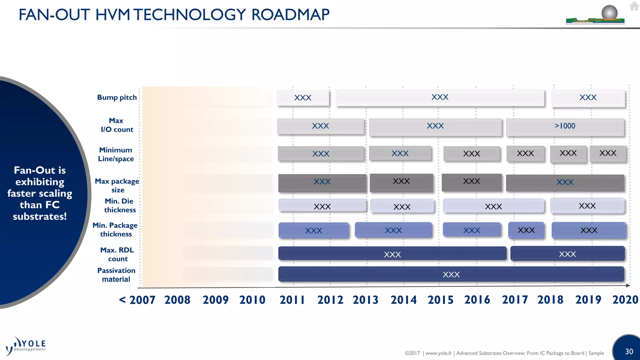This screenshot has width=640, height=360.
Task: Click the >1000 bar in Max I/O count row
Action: click(x=565, y=126)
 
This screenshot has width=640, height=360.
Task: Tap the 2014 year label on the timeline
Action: click(x=403, y=300)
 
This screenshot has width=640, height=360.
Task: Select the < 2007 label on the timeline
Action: click(x=137, y=300)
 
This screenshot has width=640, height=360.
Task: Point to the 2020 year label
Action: click(x=625, y=300)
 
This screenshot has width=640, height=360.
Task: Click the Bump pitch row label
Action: click(x=117, y=97)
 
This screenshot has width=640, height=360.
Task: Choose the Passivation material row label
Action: click(x=116, y=275)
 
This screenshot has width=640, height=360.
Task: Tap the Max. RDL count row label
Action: click(x=117, y=254)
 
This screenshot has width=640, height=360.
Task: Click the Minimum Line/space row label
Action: click(x=116, y=154)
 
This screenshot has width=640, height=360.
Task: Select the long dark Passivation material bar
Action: click(x=451, y=274)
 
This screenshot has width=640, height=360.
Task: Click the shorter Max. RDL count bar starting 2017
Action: click(x=567, y=254)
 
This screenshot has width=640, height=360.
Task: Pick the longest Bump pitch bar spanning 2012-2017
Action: click(x=440, y=98)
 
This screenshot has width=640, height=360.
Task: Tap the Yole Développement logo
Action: click(x=26, y=346)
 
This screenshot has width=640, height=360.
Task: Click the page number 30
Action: click(x=629, y=352)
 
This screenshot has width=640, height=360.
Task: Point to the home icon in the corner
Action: click(x=634, y=6)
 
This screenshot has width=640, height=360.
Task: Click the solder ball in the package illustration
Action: click(x=609, y=12)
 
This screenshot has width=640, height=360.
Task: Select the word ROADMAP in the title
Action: click(x=290, y=15)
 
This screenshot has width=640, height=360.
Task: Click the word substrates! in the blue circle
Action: click(x=40, y=216)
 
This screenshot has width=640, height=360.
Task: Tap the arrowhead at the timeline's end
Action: click(x=628, y=285)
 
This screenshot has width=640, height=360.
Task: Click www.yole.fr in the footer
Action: click(x=438, y=353)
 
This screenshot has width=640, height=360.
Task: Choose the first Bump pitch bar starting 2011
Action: click(x=303, y=98)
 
